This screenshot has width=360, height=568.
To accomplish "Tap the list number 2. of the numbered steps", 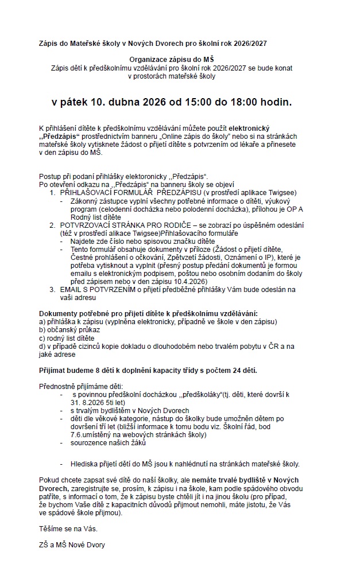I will click(53, 227).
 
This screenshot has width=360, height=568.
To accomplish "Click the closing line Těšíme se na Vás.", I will click(64, 528).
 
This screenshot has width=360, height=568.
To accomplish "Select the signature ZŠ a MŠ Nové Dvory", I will click(72, 545).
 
